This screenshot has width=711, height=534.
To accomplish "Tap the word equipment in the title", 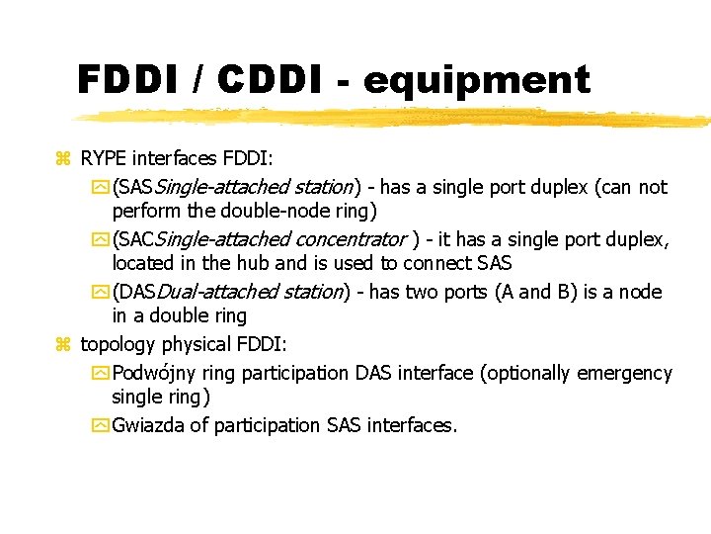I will point(476,81).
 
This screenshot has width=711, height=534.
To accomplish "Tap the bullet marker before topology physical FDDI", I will point(63,345).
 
